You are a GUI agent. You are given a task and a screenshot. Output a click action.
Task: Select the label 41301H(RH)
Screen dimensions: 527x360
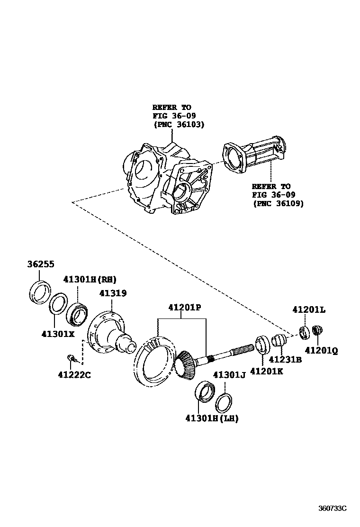90,279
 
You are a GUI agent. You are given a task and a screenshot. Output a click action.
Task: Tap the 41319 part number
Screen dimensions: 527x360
113,293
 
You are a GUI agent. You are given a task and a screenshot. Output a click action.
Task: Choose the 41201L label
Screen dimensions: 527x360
308,310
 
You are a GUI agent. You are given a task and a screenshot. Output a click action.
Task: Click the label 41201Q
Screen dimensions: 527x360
321,351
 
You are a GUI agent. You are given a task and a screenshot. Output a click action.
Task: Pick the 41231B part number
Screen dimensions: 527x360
285,360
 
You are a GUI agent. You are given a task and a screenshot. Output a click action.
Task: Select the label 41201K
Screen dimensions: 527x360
266,371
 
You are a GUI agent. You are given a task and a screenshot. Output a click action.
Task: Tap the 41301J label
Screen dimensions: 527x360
229,375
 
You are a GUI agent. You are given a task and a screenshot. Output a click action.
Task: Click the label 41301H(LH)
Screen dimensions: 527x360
212,418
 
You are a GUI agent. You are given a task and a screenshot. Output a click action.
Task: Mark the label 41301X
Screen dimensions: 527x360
58,334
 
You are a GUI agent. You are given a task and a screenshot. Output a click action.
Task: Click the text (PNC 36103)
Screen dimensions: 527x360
179,125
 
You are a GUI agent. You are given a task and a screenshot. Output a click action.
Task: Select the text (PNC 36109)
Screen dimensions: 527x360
278,203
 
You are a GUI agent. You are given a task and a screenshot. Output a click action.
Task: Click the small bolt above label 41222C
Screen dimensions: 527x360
71,358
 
